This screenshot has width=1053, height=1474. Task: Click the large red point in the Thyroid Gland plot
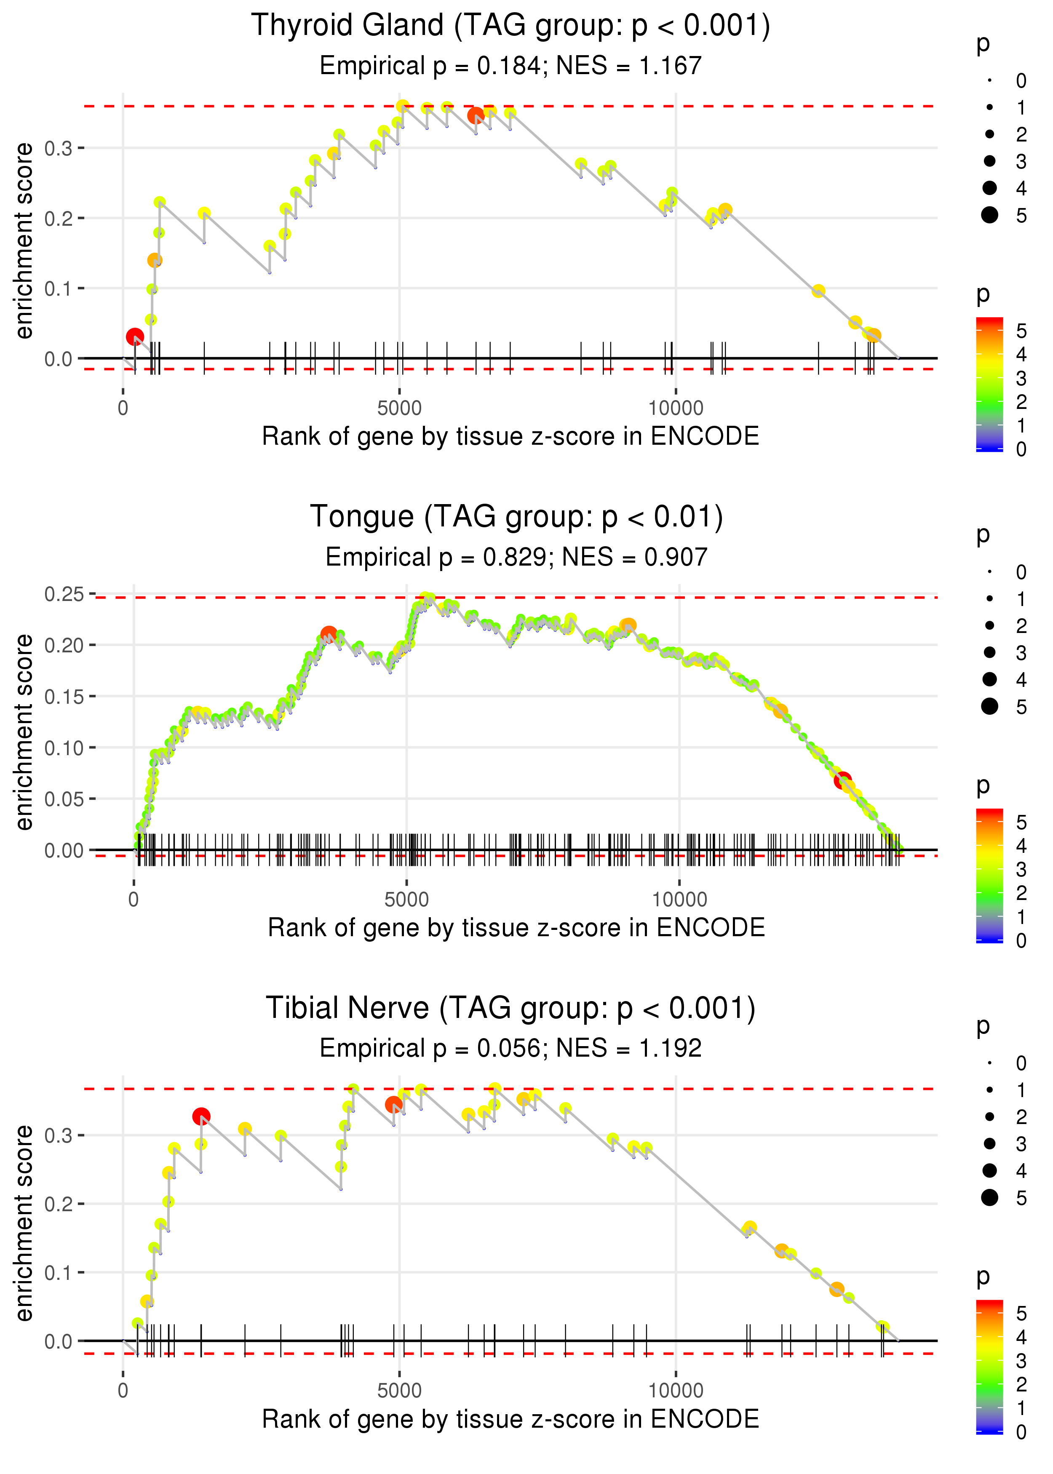pyautogui.click(x=134, y=337)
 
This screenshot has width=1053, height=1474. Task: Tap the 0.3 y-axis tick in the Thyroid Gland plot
pyautogui.click(x=59, y=148)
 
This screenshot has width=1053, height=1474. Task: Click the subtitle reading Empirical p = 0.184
pyautogui.click(x=510, y=65)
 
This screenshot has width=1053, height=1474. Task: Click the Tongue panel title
pyautogui.click(x=516, y=517)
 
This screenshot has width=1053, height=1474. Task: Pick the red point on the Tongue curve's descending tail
pyautogui.click(x=842, y=780)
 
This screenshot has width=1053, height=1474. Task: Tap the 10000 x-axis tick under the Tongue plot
pyautogui.click(x=679, y=899)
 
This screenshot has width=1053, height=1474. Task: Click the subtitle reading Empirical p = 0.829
pyautogui.click(x=516, y=557)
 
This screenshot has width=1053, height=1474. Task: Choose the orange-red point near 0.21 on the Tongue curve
pyautogui.click(x=329, y=634)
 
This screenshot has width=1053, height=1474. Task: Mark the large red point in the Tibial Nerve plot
pyautogui.click(x=201, y=1116)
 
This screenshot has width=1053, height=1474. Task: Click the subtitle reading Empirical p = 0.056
pyautogui.click(x=510, y=1048)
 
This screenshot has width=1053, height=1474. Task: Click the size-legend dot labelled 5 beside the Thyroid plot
pyautogui.click(x=989, y=215)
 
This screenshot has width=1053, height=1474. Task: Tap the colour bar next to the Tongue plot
pyautogui.click(x=989, y=875)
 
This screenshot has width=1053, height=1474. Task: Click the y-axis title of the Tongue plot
pyautogui.click(x=24, y=732)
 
